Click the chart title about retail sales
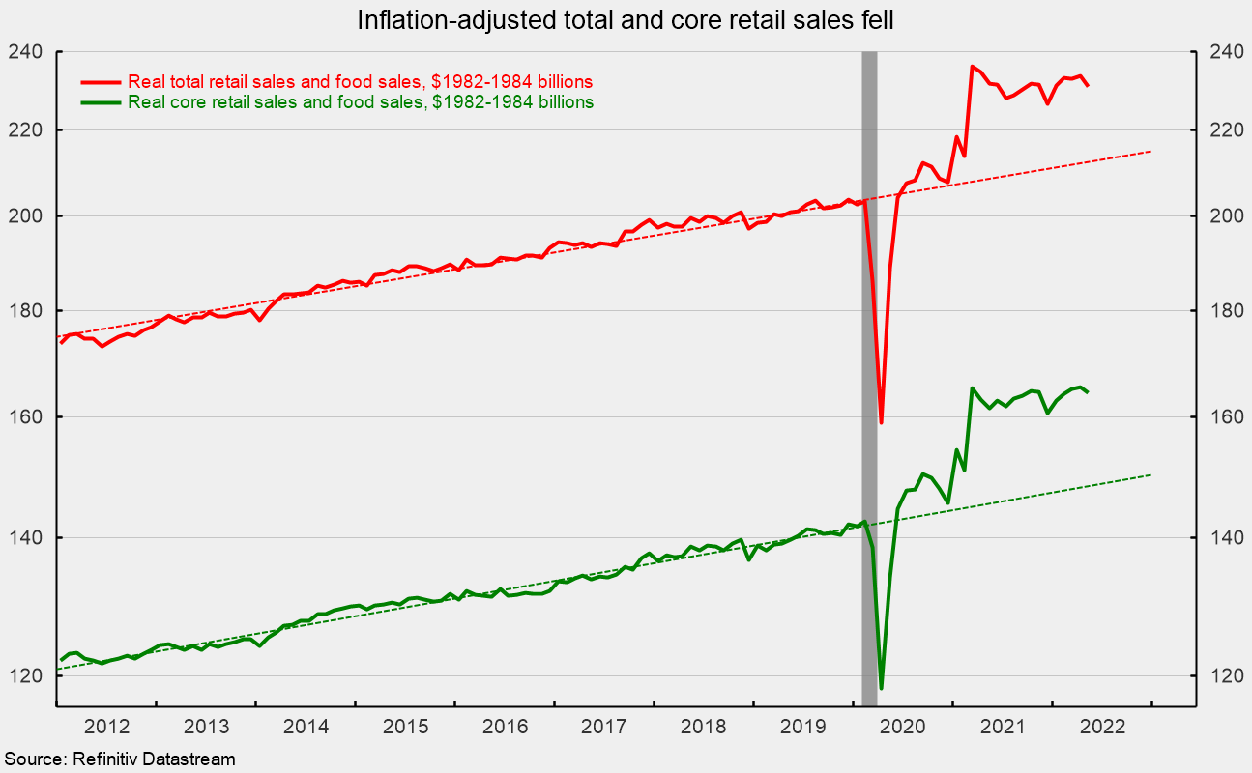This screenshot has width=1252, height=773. pyautogui.click(x=626, y=19)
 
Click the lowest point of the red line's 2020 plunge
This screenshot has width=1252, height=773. pyautogui.click(x=881, y=422)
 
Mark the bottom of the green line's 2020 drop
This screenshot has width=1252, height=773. pyautogui.click(x=881, y=688)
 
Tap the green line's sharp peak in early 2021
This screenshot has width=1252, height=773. pyautogui.click(x=972, y=388)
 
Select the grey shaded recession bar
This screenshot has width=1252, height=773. pyautogui.click(x=869, y=377)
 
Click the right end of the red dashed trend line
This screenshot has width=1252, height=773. pyautogui.click(x=1151, y=152)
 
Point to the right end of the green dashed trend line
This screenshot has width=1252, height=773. pyautogui.click(x=1151, y=474)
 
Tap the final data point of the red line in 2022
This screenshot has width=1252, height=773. pyautogui.click(x=1088, y=86)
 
